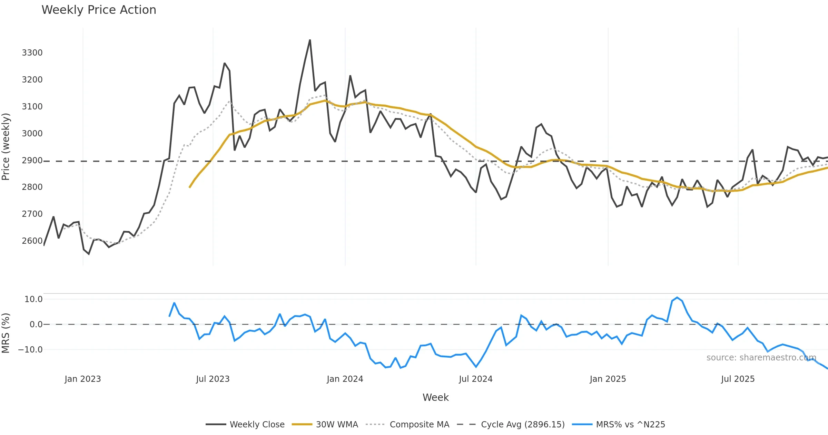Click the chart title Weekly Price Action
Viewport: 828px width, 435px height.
[x=99, y=10]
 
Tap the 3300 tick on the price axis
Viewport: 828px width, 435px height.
[x=32, y=53]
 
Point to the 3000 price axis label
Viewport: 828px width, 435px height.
[x=32, y=134]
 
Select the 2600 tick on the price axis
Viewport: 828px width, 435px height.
[x=32, y=241]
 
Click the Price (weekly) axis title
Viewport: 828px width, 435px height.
[x=6, y=147]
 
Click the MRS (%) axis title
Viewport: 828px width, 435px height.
[x=6, y=333]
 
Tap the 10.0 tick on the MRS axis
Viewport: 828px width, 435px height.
[x=33, y=299]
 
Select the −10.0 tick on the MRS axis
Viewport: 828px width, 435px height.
[x=30, y=350]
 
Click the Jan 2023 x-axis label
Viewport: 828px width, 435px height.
[x=83, y=379]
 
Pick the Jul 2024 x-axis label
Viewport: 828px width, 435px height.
[x=476, y=379]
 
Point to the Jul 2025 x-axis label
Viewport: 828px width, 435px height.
[x=738, y=379]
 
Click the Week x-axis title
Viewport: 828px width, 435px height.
[x=436, y=398]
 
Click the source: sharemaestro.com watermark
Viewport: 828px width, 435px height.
[x=761, y=358]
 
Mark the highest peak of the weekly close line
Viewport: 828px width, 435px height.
[x=310, y=40]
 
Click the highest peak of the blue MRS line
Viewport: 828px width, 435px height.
[x=677, y=298]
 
